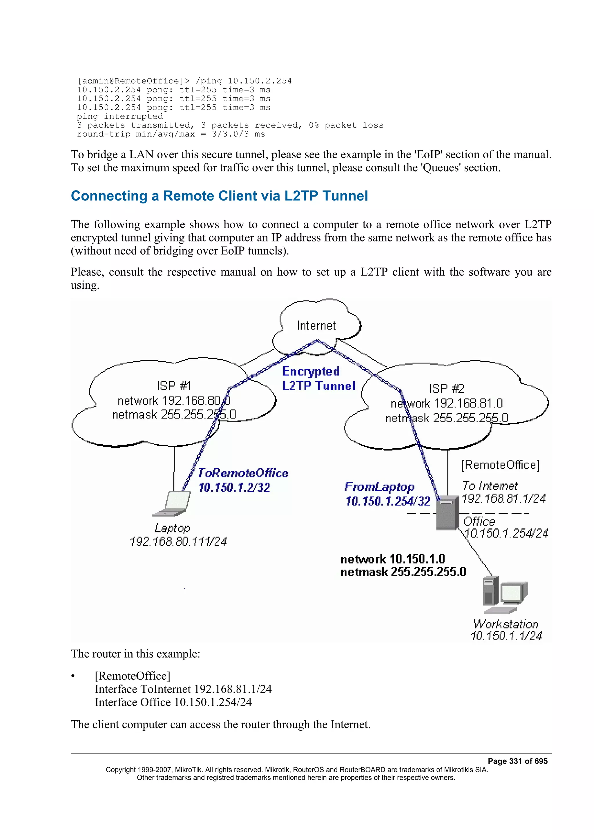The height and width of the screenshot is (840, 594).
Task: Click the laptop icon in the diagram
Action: (172, 503)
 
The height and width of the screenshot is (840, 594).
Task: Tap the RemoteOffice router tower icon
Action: (447, 512)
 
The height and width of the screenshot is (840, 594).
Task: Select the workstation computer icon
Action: (505, 594)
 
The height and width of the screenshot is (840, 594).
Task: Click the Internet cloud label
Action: (316, 325)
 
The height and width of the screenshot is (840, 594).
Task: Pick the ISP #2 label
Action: (446, 388)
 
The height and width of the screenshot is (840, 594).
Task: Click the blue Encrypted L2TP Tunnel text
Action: (318, 379)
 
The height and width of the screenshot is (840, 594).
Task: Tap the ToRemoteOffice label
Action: (243, 473)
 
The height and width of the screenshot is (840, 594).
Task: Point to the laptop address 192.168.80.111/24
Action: (178, 541)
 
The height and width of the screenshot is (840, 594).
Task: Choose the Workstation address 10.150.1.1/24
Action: (506, 636)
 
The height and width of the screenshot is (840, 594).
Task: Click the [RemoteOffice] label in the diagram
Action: (500, 465)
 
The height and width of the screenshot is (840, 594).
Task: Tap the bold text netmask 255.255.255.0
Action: (403, 572)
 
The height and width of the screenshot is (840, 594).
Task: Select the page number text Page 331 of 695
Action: (517, 761)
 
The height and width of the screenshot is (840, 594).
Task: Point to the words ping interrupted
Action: (120, 116)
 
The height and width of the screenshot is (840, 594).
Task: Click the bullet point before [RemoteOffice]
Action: (73, 676)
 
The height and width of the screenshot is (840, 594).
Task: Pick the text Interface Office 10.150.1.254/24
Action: (173, 702)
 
